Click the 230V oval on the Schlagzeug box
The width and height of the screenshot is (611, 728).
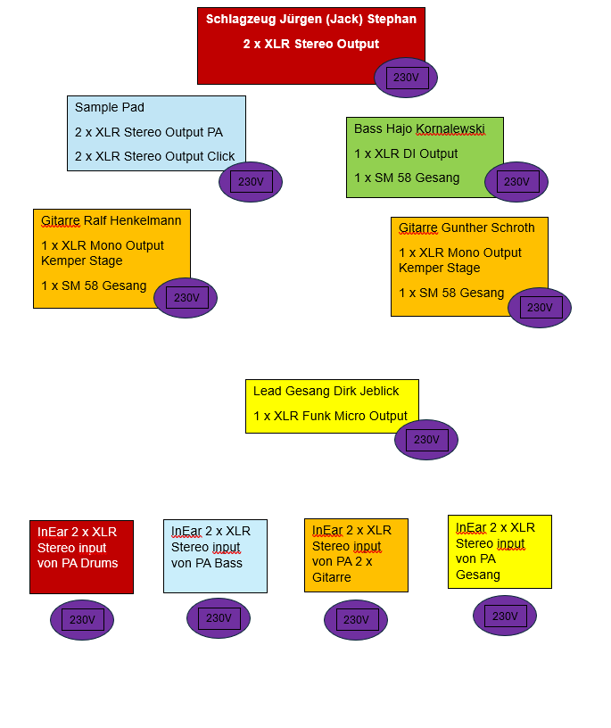406,78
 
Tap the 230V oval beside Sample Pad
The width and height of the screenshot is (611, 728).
251,182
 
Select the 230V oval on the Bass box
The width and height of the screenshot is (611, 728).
516,182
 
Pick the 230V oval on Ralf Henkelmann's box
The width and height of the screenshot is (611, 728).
186,298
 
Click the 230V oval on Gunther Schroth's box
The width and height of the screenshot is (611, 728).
540,308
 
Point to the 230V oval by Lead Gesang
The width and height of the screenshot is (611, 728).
426,440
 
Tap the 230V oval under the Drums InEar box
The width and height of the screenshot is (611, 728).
82,620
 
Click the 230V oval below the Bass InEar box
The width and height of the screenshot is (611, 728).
219,618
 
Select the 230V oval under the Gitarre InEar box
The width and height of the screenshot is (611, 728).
356,620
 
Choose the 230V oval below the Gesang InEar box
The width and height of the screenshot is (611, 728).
505,616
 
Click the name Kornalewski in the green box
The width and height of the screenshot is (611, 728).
451,128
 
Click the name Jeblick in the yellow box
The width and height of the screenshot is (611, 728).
378,391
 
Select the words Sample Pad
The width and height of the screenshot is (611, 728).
110,107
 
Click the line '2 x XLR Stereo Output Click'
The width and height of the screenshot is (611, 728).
155,156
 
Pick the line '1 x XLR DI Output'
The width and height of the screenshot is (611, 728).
406,153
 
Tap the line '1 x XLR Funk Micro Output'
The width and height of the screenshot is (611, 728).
330,416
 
